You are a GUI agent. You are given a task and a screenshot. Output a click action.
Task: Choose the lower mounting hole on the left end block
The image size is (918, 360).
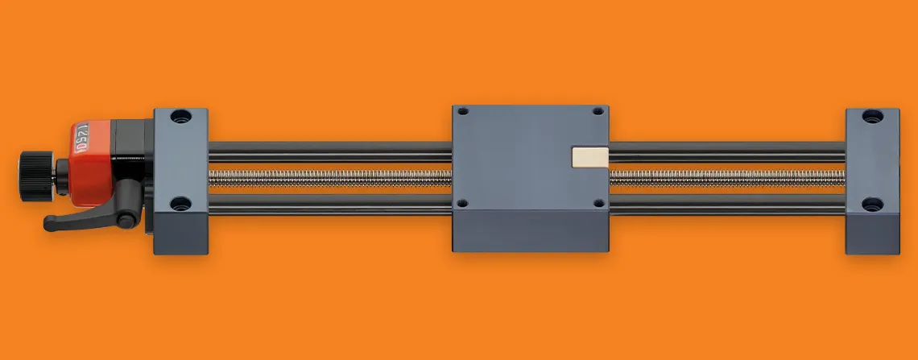coord(181,203)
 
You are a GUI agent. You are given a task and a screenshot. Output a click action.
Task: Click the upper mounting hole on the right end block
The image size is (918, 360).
coord(872,116)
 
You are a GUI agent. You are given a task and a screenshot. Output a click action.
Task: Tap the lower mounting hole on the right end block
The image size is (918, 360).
coord(872,204)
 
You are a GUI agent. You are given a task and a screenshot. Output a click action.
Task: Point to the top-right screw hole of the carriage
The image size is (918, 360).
coord(597,112)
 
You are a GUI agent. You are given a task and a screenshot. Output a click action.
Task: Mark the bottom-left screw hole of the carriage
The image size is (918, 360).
coord(463,204)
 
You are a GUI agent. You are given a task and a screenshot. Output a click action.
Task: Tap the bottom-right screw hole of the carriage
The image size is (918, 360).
coord(597,204)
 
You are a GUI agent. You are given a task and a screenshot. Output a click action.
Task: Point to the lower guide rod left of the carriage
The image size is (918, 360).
coord(330,202)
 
